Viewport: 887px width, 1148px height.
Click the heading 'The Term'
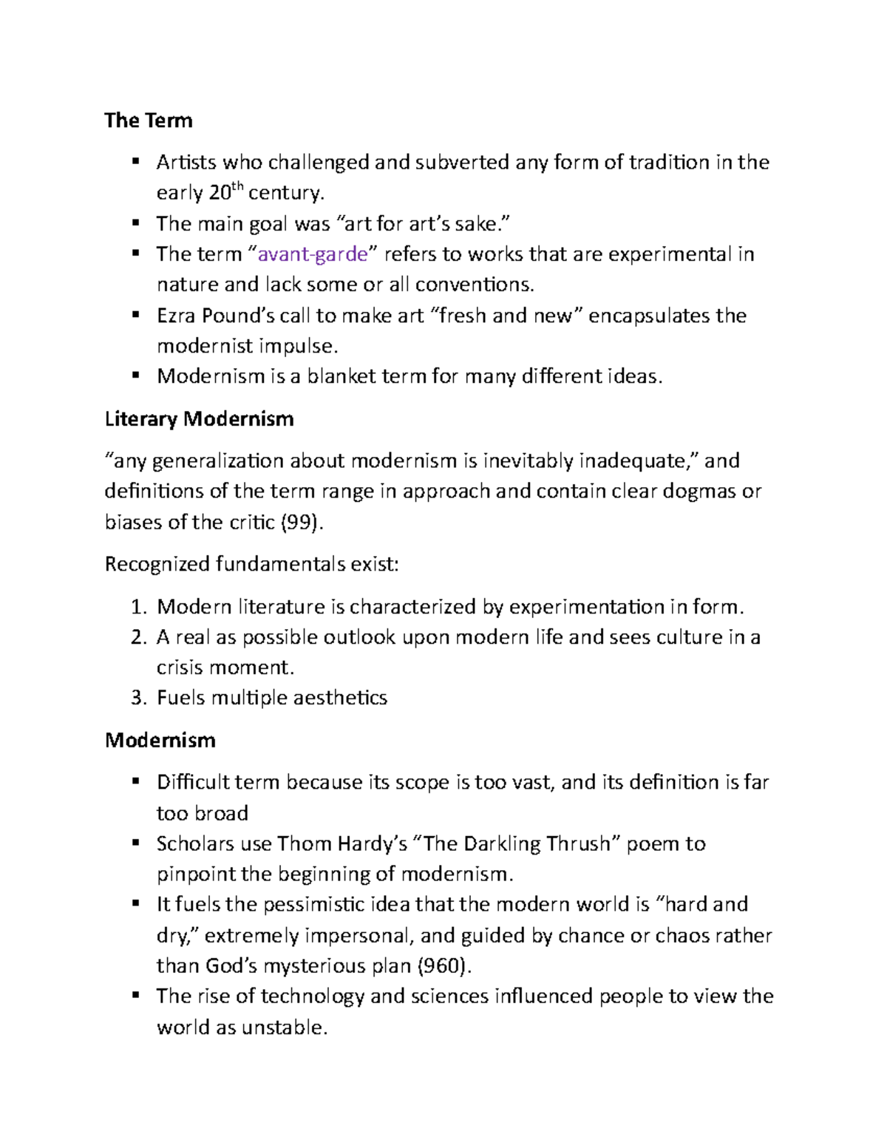[149, 120]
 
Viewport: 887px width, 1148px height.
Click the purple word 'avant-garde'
[312, 254]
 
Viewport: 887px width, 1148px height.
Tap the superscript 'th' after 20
[237, 187]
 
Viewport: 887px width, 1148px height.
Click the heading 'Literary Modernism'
[199, 419]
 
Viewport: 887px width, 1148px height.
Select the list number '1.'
[139, 607]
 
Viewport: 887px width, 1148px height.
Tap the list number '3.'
[139, 698]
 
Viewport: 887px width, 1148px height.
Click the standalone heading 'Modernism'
[160, 740]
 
